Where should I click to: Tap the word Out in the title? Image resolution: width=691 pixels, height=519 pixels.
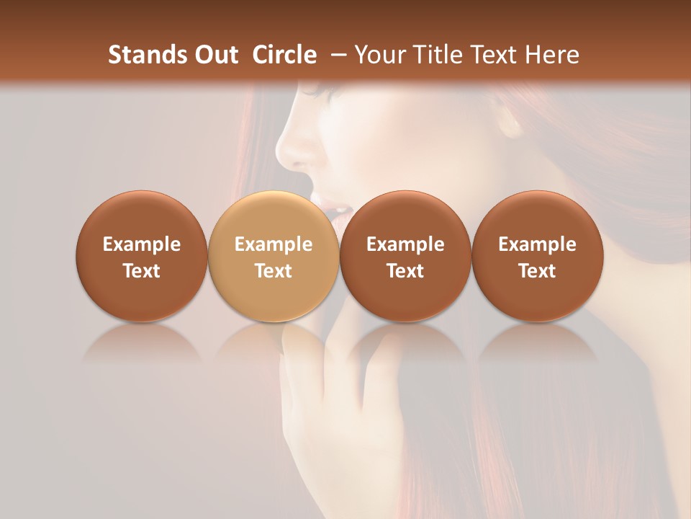(x=214, y=55)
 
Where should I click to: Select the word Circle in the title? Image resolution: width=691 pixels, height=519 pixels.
(x=284, y=55)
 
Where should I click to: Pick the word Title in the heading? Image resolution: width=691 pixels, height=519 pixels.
(x=435, y=55)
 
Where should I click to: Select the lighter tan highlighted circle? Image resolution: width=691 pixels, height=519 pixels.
(x=274, y=257)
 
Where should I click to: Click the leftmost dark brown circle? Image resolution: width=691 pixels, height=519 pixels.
(x=142, y=257)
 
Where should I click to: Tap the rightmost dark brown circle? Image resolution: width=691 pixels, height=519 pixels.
(x=538, y=257)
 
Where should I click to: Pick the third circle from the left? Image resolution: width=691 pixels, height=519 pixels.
(x=405, y=257)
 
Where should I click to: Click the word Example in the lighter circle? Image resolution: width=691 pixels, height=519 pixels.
(x=274, y=244)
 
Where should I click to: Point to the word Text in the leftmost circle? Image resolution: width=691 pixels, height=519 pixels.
(x=142, y=271)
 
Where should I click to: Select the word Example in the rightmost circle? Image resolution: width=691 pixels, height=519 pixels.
(x=538, y=244)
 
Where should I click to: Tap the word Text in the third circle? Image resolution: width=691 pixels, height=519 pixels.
(x=405, y=271)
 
